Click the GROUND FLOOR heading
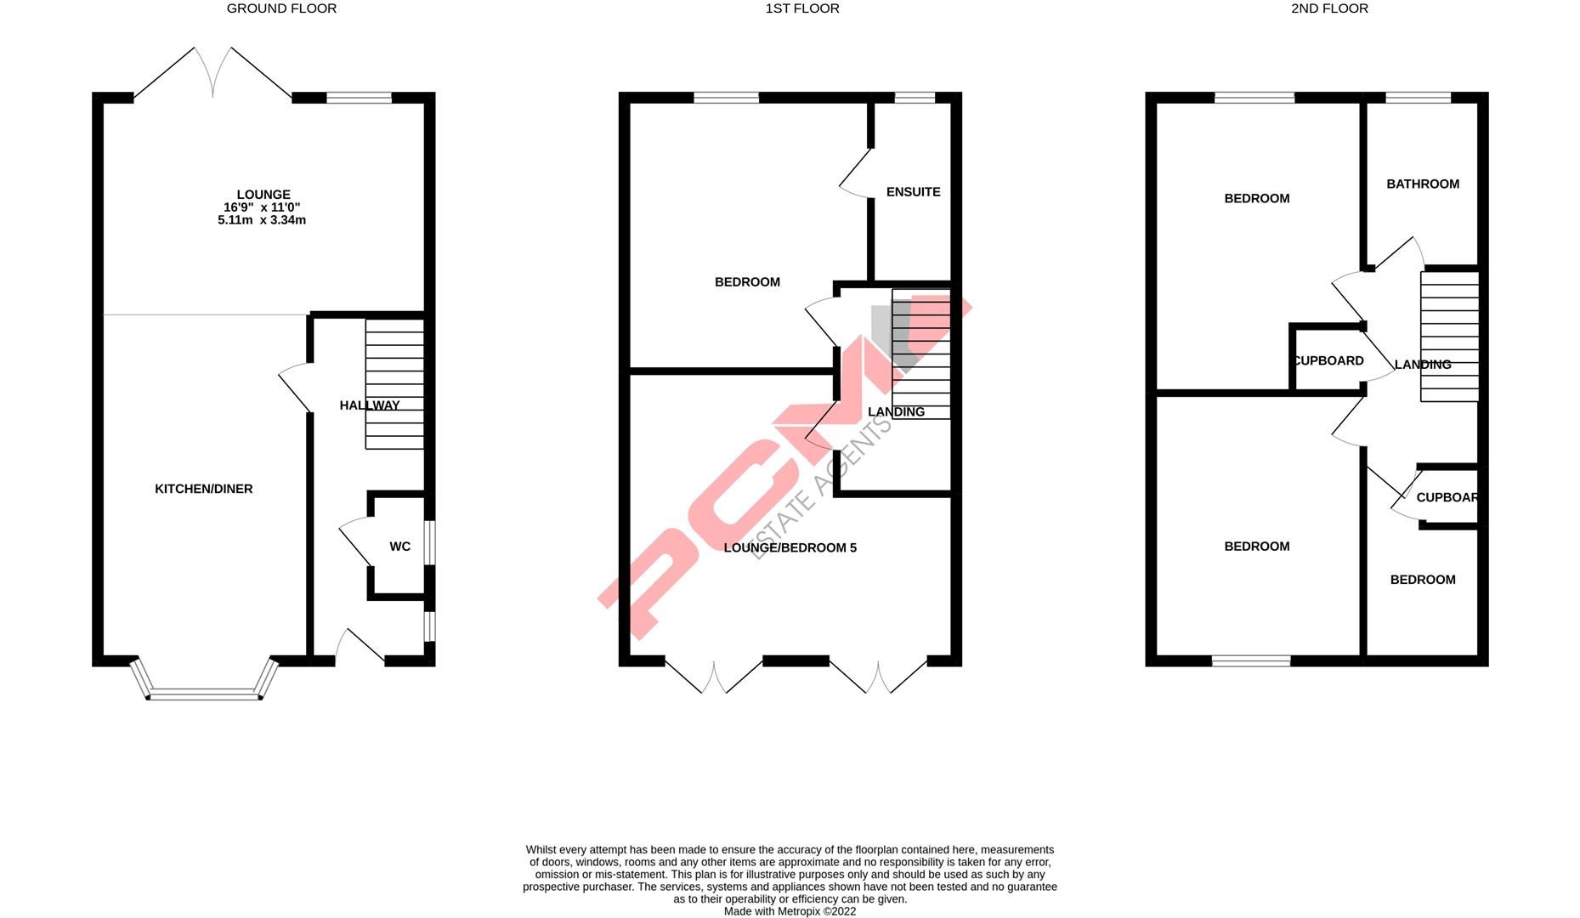click(x=281, y=8)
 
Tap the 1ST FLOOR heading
click(x=801, y=8)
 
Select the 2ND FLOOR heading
click(x=1329, y=8)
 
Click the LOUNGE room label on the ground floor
click(x=263, y=195)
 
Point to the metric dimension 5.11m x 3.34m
click(x=262, y=220)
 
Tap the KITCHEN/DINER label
click(x=204, y=489)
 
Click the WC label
click(x=399, y=547)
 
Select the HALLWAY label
click(x=369, y=405)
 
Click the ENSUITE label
click(x=913, y=192)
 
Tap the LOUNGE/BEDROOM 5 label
click(x=790, y=547)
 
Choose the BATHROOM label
click(x=1423, y=184)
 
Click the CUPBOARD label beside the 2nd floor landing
click(x=1328, y=360)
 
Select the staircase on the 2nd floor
click(x=1450, y=336)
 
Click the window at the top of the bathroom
click(x=1419, y=98)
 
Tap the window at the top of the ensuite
click(x=915, y=98)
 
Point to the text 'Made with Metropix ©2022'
click(x=790, y=911)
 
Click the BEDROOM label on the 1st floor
click(x=747, y=282)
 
